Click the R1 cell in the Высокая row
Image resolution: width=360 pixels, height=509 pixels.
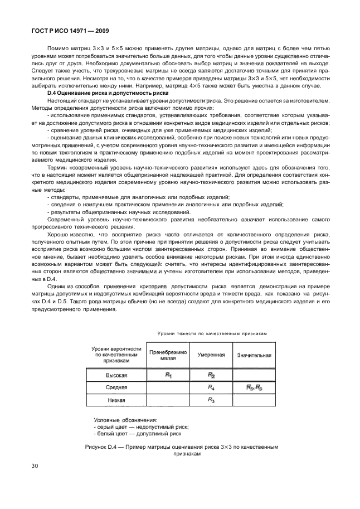click(168, 375)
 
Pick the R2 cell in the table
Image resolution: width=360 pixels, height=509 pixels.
click(211, 375)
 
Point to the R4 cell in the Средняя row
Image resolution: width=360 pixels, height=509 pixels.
click(211, 387)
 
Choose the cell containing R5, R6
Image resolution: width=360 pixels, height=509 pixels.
click(254, 387)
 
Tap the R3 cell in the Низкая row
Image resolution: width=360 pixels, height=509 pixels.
click(211, 400)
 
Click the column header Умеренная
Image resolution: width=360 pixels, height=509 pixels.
click(211, 355)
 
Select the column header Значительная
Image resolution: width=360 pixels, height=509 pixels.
click(254, 355)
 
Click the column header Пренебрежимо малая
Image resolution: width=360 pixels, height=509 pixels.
click(168, 355)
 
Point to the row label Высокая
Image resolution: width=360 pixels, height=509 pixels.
click(116, 375)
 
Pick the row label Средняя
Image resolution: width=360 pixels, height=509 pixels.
click(116, 388)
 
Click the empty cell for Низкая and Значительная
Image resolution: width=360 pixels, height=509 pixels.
click(254, 400)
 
